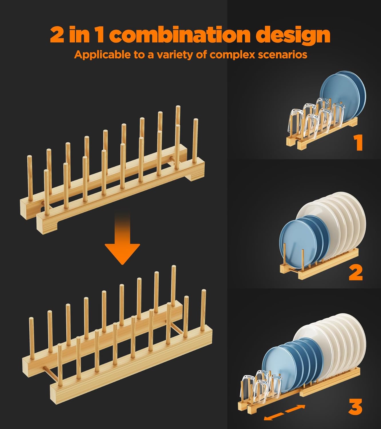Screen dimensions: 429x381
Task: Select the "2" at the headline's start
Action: point(57,35)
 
